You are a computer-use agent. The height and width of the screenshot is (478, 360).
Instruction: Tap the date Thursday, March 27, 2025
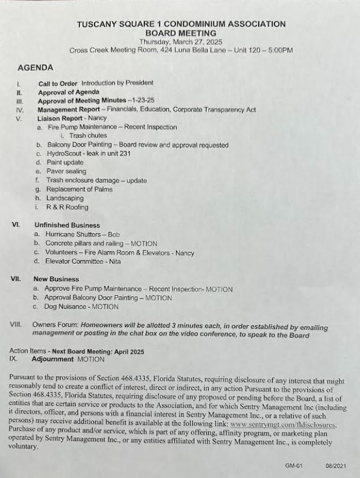click(181, 42)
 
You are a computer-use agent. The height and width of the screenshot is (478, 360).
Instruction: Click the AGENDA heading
click(36, 67)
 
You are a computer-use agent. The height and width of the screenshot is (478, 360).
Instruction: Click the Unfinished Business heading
click(67, 225)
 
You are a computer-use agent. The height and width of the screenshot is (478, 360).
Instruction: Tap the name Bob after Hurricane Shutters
click(114, 234)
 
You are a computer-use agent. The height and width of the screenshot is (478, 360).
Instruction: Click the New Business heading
click(56, 279)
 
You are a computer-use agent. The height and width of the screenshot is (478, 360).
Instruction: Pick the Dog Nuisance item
click(68, 307)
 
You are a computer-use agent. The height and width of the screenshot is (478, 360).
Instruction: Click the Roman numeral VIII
click(16, 325)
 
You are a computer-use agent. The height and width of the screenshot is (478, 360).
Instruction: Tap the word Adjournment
click(53, 359)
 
